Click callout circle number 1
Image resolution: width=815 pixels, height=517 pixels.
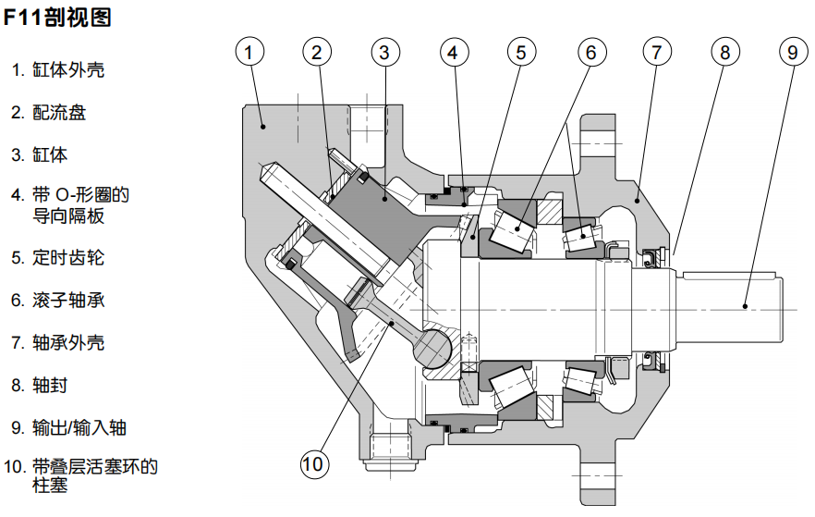(x=249, y=53)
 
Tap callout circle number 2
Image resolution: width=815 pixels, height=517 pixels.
(x=317, y=53)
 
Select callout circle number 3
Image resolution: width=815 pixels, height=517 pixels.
(x=385, y=53)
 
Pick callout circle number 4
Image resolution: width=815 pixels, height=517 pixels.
(x=453, y=53)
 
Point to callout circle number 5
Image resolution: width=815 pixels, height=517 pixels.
(x=521, y=53)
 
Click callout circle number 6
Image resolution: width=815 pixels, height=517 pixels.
(x=590, y=53)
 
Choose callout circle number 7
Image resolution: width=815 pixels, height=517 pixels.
(x=657, y=53)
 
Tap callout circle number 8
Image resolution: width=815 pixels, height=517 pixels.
(x=725, y=53)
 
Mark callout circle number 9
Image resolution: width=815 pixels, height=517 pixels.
(x=793, y=53)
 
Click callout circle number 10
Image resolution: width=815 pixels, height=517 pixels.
(x=314, y=462)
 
